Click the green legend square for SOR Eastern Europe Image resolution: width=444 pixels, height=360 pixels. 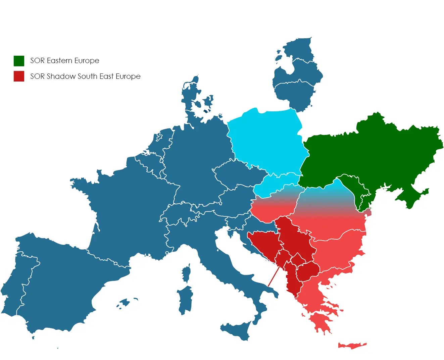coord(19,61)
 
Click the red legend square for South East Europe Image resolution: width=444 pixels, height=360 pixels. coord(19,76)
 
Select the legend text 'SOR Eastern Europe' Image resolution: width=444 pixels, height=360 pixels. coord(65,61)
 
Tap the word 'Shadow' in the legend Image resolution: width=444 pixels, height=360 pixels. coord(61,76)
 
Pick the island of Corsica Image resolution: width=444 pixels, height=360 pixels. coord(187,273)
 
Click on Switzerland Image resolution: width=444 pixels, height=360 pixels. coord(178,215)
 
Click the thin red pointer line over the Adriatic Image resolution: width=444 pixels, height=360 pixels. coord(274,276)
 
